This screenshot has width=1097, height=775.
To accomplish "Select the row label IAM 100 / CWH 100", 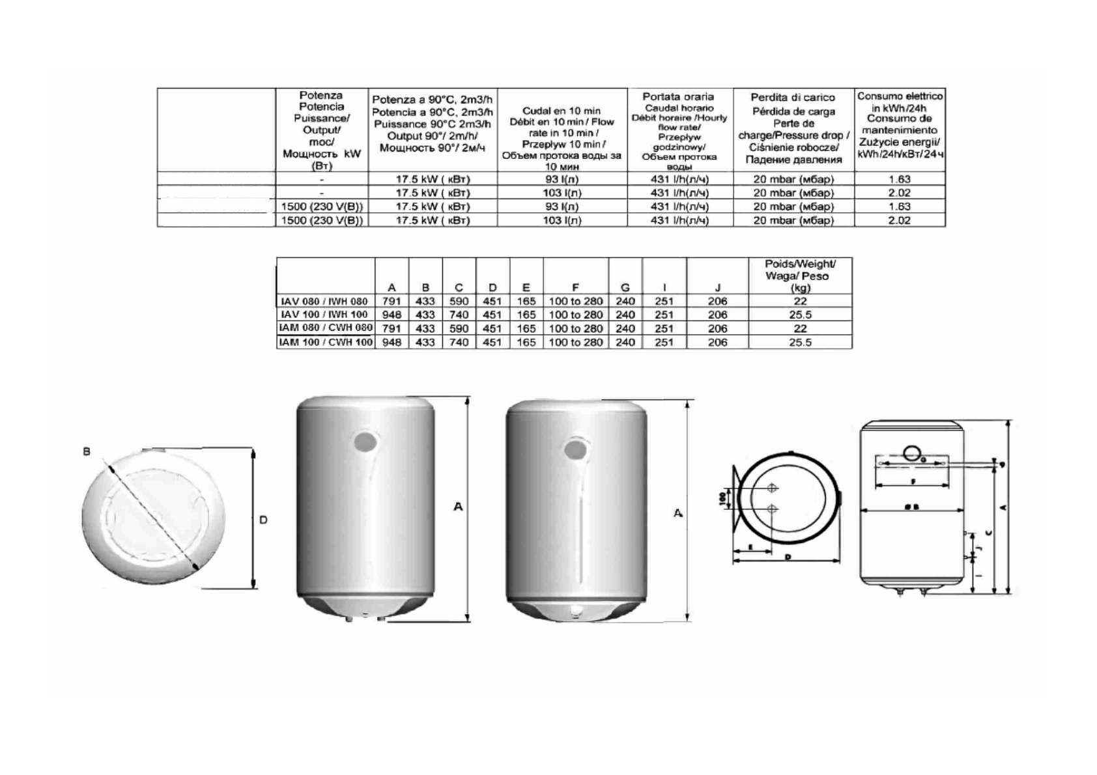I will coord(326,343).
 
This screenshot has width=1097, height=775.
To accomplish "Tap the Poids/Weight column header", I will coord(800,275).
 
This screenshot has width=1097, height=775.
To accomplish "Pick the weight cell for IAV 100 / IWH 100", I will coord(800,315).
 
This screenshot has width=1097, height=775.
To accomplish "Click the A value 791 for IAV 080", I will coord(392,302).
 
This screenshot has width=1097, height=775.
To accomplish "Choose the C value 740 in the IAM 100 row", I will coord(459,343).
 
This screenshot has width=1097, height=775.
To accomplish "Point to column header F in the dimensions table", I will coord(575,288).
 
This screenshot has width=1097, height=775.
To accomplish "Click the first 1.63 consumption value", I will coord(899,179).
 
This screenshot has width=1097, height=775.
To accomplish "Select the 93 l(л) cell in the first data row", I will coord(562,179).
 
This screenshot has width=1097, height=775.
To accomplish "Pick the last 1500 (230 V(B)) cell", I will coord(322,220).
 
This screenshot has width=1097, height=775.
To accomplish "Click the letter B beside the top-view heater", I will coord(87,451).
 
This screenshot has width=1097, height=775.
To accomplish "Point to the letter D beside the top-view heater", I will coord(263,520).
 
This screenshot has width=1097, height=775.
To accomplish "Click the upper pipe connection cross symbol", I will coord(773,488).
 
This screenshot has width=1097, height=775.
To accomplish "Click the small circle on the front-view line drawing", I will coord(911,451).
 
